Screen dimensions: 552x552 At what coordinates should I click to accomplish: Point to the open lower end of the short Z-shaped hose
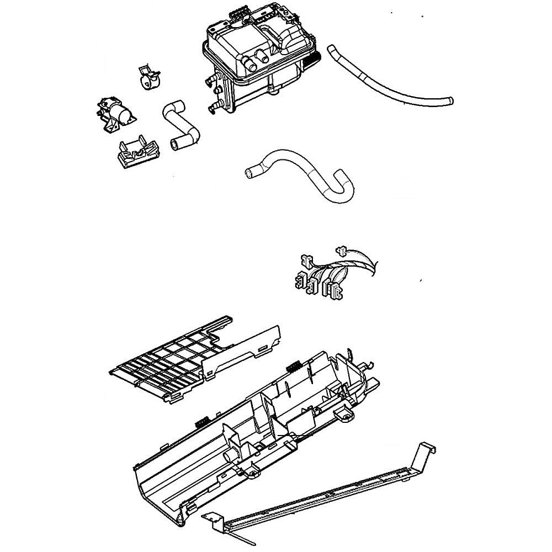176,145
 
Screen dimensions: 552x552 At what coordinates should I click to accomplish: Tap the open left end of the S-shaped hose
249,174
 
